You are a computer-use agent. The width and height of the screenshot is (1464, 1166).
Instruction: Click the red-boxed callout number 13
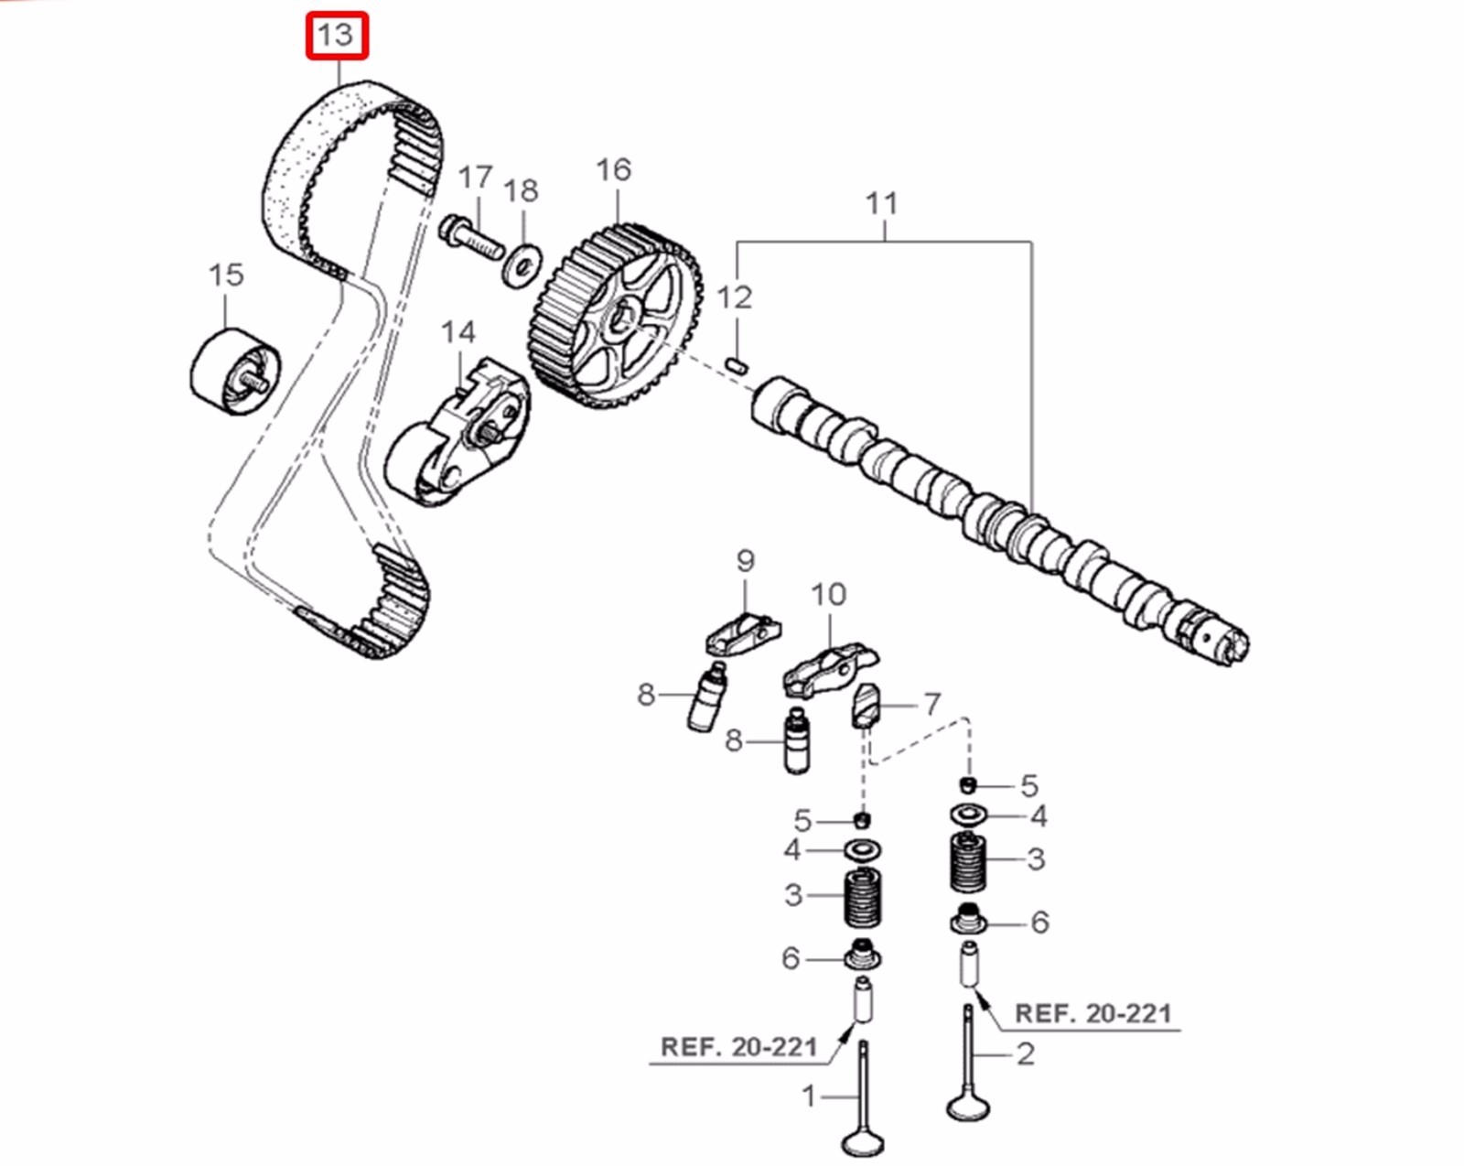(336, 36)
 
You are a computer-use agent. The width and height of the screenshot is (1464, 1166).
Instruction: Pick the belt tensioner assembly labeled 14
(457, 435)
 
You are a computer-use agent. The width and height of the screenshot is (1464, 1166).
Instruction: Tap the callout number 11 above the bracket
(882, 203)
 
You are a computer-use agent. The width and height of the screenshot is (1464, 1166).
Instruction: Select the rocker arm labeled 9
(743, 632)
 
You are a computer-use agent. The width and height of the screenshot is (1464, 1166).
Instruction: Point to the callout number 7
(931, 703)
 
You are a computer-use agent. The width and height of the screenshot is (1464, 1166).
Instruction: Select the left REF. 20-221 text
(738, 1046)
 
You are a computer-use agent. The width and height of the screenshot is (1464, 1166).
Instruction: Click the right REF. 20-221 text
(1093, 1013)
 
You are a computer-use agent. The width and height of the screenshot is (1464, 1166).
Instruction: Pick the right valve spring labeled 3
(969, 861)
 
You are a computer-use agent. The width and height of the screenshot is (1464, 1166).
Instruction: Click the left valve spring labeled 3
(862, 896)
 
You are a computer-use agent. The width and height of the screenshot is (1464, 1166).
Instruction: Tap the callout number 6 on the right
(1039, 922)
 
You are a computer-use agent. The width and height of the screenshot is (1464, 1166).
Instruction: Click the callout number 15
(226, 275)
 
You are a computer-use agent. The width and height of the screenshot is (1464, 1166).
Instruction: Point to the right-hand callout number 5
(1029, 785)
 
